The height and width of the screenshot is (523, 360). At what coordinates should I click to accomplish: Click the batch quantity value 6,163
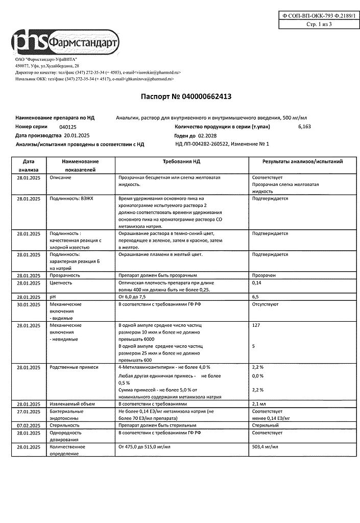[x=304, y=126]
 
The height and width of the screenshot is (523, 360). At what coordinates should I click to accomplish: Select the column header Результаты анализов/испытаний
[x=302, y=161]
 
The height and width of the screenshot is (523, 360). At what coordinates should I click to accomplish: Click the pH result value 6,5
[x=256, y=296]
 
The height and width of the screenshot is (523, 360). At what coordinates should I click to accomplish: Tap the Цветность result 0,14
[x=257, y=282]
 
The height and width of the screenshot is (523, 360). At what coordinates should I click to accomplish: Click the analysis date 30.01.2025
[x=28, y=304]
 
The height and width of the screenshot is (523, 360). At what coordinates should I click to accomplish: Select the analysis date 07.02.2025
[x=28, y=424]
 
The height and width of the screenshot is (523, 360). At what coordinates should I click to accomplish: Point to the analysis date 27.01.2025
[x=28, y=411]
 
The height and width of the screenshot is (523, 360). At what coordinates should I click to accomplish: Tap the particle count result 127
[x=256, y=325]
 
